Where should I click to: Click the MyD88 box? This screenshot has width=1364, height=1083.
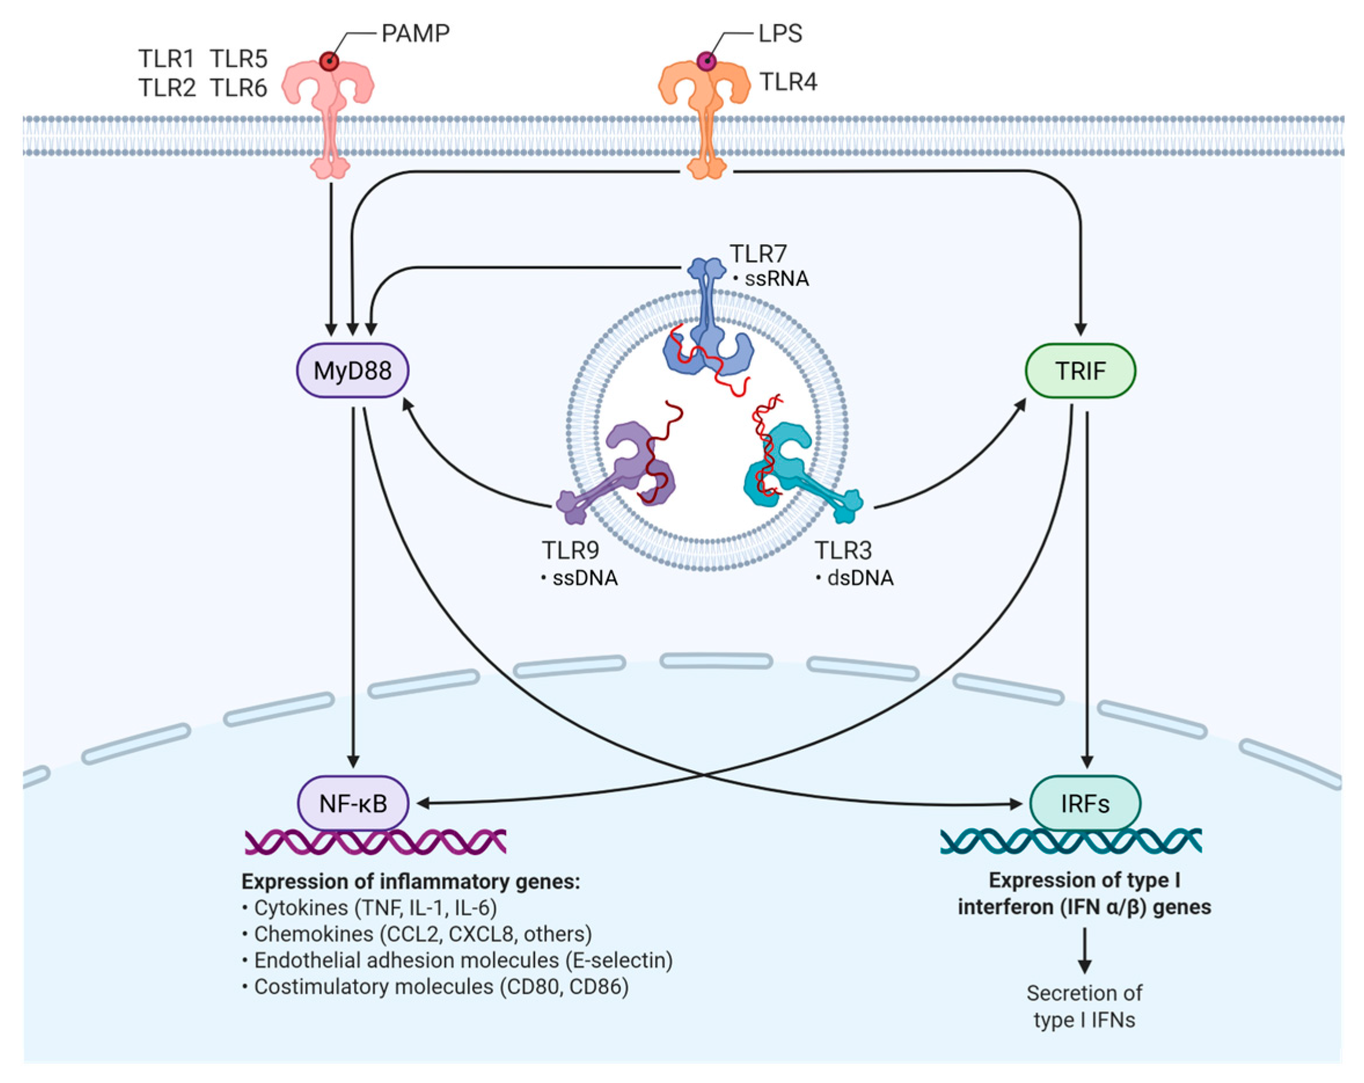pyautogui.click(x=353, y=370)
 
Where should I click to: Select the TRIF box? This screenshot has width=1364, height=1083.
pyautogui.click(x=1079, y=370)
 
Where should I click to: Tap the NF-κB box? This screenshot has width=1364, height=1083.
pyautogui.click(x=353, y=803)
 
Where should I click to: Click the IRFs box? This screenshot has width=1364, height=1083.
pyautogui.click(x=1084, y=803)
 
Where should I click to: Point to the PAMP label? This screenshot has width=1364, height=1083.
pyautogui.click(x=415, y=33)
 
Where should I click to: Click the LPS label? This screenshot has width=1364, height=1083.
pyautogui.click(x=779, y=33)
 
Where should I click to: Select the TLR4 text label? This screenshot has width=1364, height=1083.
pyautogui.click(x=787, y=82)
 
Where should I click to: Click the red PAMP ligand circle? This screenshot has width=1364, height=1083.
pyautogui.click(x=329, y=61)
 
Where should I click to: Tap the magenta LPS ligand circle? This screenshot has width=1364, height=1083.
pyautogui.click(x=706, y=61)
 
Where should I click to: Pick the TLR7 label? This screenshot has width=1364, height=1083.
pyautogui.click(x=758, y=254)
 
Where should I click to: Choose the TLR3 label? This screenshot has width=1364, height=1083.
pyautogui.click(x=843, y=550)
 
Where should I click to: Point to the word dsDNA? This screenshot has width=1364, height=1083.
pyautogui.click(x=860, y=578)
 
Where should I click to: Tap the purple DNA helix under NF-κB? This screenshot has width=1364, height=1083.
pyautogui.click(x=375, y=842)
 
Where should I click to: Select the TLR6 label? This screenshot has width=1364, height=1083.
pyautogui.click(x=239, y=88)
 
